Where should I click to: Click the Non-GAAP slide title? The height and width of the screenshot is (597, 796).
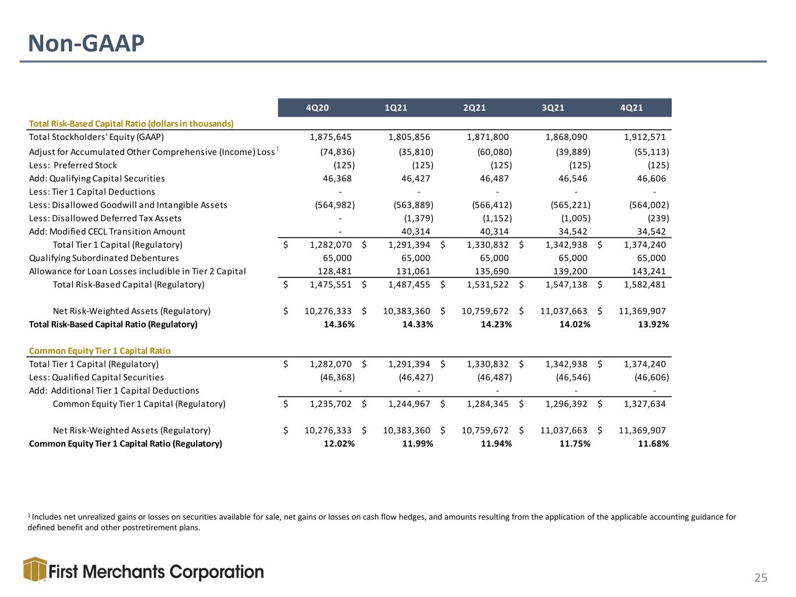pos(86,44)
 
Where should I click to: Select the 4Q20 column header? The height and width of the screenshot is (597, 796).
pos(317,108)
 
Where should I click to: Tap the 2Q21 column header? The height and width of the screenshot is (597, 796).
pos(474,108)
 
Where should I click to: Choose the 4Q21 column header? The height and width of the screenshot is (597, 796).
pos(632,108)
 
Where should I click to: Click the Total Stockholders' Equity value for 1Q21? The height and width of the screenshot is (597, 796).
pos(409,137)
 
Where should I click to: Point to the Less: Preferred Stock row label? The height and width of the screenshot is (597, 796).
pos(73,166)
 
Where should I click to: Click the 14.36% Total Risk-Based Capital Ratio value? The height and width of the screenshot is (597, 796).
pos(339,324)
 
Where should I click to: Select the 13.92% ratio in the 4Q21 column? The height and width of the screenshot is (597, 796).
pos(653,324)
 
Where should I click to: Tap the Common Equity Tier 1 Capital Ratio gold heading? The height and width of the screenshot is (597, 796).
pos(100,351)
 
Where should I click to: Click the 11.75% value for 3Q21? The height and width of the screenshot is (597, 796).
pos(575,444)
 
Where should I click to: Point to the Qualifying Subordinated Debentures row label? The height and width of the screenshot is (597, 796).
pos(104,258)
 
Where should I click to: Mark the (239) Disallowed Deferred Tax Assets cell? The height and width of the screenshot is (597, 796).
pos(658,218)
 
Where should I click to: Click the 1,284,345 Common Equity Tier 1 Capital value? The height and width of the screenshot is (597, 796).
pos(488,404)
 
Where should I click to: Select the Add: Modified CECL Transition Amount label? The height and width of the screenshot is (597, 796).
pos(107,231)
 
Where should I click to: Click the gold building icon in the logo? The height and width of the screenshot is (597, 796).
pos(35,569)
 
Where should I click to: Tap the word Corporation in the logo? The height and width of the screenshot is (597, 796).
pos(216,573)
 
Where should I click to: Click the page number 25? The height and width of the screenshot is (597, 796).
pos(760,578)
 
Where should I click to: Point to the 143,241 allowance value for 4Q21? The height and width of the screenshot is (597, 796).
pos(651,272)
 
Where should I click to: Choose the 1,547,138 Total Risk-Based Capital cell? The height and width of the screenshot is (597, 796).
pos(566,285)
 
